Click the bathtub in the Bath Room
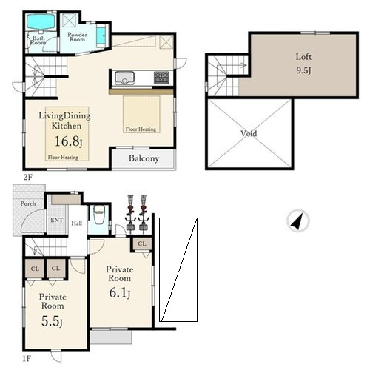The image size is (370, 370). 41,21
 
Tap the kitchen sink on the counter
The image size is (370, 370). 124,78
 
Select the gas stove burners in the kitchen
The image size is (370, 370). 161,78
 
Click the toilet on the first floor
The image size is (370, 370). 99,215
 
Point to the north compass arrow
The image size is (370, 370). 297,221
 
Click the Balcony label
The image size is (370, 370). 144,158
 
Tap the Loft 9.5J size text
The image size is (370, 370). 303,71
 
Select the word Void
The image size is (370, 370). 249,133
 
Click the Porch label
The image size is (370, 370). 28,203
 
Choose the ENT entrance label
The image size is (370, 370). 56,220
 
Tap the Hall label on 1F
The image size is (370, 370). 77,223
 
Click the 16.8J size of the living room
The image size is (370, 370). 68,141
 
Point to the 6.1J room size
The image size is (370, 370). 120,293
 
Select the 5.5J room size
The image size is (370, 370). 52,321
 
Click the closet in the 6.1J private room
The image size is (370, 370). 141,244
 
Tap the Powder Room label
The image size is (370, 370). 77,37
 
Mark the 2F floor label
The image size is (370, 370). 27,177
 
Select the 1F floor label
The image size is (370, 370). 27,359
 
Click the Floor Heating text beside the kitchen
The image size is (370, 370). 141,129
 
